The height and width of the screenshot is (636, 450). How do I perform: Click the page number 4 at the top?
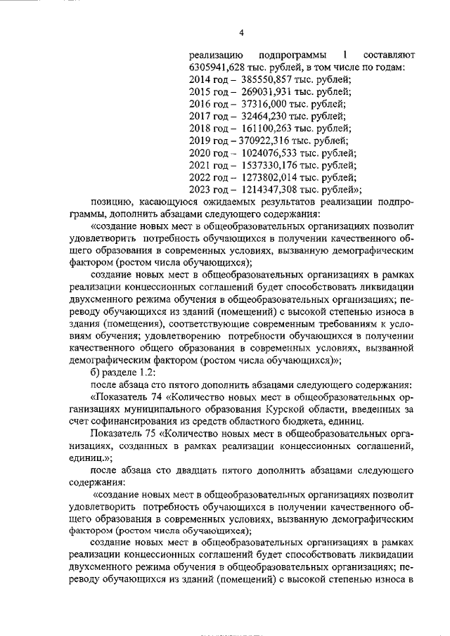(240, 32)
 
